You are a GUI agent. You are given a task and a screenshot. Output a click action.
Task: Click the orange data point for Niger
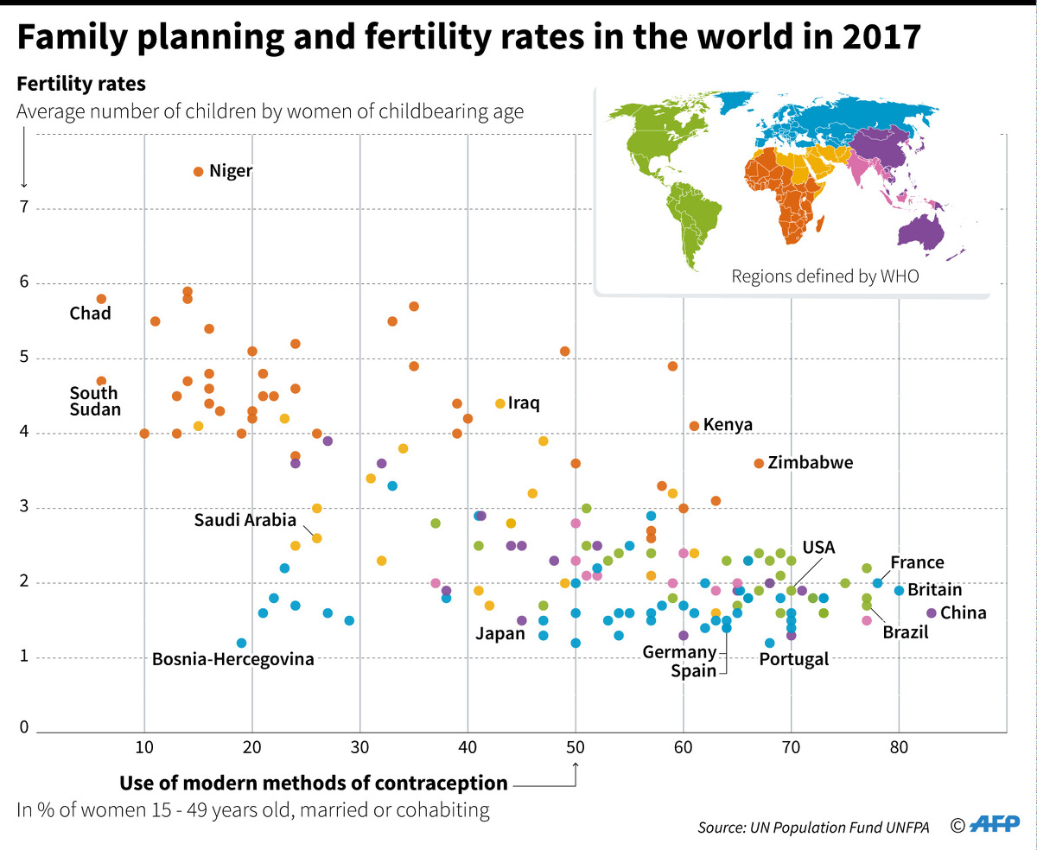click(x=198, y=172)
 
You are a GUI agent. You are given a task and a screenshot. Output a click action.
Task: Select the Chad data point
click(x=101, y=299)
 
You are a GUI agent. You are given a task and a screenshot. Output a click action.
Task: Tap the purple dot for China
click(x=931, y=612)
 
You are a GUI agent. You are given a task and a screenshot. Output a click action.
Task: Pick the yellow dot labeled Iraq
click(x=499, y=403)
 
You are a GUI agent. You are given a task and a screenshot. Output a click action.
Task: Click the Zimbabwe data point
click(x=759, y=463)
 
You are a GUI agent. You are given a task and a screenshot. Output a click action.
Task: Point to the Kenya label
click(x=728, y=425)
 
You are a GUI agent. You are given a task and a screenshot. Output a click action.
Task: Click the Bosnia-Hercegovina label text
click(x=232, y=660)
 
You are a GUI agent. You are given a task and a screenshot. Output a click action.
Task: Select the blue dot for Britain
click(x=899, y=591)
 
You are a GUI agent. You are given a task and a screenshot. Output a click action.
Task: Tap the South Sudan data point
click(x=101, y=381)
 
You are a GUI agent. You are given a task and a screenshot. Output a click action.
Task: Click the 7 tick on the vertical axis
click(x=24, y=208)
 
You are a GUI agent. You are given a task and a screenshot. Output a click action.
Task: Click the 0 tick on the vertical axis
click(x=24, y=727)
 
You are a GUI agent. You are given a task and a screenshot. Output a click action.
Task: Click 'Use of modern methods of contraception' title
click(x=314, y=783)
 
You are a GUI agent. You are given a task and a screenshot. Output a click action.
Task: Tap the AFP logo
click(x=992, y=825)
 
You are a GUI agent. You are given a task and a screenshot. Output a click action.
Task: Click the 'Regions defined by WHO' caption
click(x=800, y=276)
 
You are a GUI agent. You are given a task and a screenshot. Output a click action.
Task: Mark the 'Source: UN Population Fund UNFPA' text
click(x=813, y=828)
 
